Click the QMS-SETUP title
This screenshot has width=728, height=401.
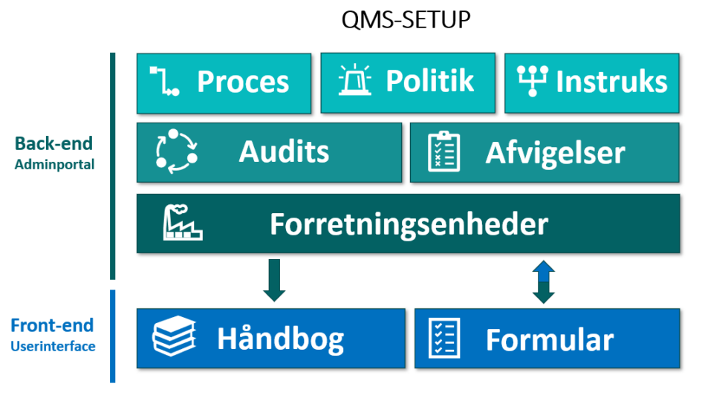click(x=406, y=19)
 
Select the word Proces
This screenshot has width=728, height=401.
click(x=243, y=82)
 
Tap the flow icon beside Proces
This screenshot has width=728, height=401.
click(x=164, y=81)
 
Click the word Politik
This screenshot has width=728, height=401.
click(x=429, y=81)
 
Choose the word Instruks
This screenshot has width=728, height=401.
click(x=611, y=82)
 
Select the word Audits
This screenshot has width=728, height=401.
click(x=284, y=151)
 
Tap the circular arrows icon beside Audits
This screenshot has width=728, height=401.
click(x=176, y=151)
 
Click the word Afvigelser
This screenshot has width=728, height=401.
click(x=555, y=153)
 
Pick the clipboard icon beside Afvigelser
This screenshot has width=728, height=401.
click(x=444, y=151)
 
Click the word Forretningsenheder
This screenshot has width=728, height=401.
click(x=409, y=224)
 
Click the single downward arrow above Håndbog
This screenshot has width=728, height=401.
click(x=274, y=280)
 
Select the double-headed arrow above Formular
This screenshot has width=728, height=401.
click(x=544, y=281)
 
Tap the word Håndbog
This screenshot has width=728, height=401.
click(x=280, y=339)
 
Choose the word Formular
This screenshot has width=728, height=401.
click(x=549, y=340)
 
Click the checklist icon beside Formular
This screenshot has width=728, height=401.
click(x=445, y=338)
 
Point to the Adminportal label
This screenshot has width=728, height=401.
click(x=54, y=165)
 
